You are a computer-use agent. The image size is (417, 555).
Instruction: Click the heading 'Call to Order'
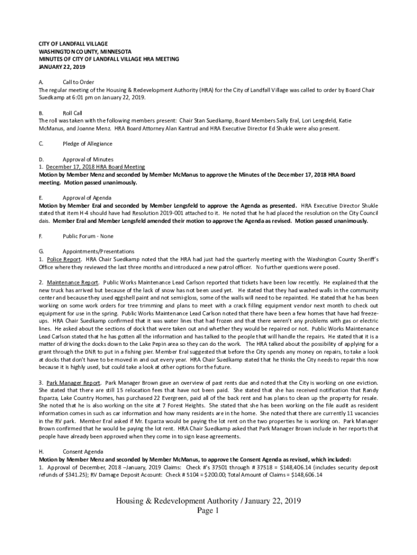pos(79,82)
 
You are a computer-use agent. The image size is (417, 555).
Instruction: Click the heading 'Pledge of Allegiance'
pos(88,144)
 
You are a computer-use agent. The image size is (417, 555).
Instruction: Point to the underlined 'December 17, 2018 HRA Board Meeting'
pos(95,167)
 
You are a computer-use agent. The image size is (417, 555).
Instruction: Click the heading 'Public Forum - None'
pos(88,236)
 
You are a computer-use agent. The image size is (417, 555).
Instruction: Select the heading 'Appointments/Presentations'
pos(99,251)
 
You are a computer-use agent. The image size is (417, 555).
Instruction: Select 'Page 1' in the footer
pos(208,511)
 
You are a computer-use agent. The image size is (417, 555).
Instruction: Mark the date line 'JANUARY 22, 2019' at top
pos(62,67)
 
